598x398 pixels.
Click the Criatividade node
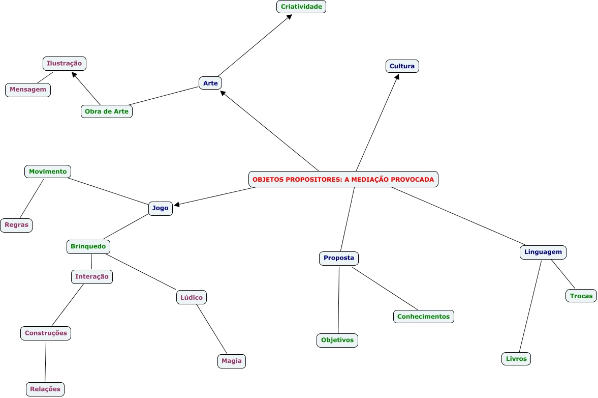pos(301,7)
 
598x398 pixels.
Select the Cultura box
pos(402,66)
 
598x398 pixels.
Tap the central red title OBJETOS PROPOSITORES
pos(343,179)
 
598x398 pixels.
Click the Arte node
pos(210,83)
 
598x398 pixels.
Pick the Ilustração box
pos(64,64)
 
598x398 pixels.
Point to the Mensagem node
pos(28,90)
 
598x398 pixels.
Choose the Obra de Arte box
pos(107,111)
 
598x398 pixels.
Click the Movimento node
pos(48,172)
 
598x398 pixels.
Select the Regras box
pos(16,225)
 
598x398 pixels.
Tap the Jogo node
pos(160,208)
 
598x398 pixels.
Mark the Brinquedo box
pos(88,246)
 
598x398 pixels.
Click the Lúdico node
pos(192,297)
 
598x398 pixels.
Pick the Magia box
pos(232,361)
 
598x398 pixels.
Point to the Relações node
pos(45,389)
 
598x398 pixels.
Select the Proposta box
pos(339,258)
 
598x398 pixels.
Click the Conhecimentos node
pos(423,317)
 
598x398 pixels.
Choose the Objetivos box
pos(337,340)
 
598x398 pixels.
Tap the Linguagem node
pos(543,252)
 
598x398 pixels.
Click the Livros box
pos(516,359)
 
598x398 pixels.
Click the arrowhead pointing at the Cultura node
pos(398,76)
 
